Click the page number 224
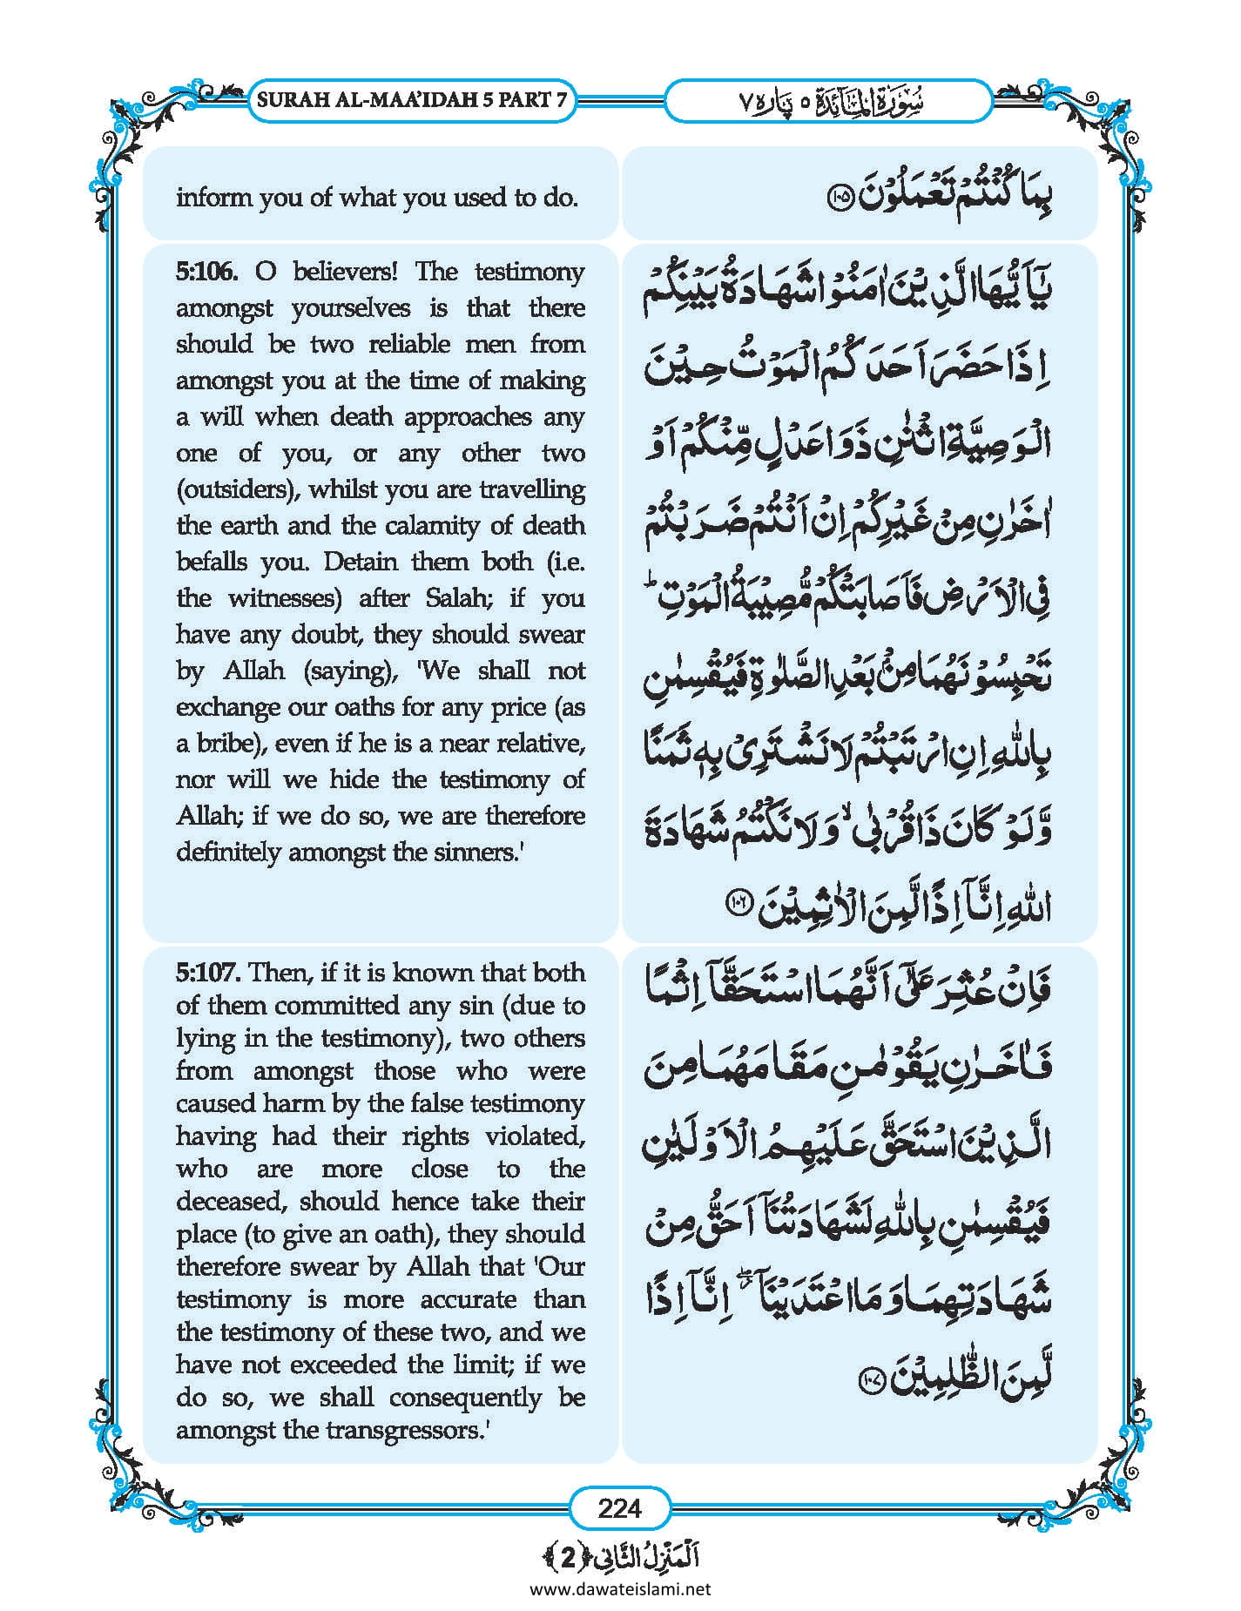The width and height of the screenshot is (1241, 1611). pyautogui.click(x=619, y=1507)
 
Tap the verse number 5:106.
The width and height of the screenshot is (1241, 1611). pyautogui.click(x=206, y=272)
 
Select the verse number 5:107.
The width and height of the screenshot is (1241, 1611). pyautogui.click(x=206, y=972)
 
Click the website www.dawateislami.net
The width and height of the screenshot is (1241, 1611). pyautogui.click(x=619, y=1588)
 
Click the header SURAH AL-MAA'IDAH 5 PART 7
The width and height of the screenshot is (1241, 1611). pyautogui.click(x=412, y=100)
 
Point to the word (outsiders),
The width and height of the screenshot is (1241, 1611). pyautogui.click(x=238, y=489)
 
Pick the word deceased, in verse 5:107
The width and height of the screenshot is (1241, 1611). pyautogui.click(x=232, y=1202)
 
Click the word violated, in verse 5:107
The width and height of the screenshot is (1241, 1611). pyautogui.click(x=535, y=1136)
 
